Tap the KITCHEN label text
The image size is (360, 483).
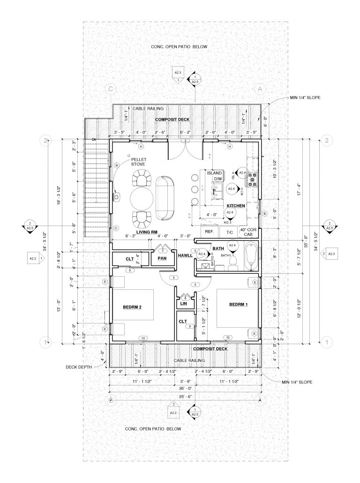(236, 206)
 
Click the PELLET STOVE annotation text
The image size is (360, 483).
(138, 162)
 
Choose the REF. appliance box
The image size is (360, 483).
(209, 232)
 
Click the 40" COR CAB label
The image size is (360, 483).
(249, 232)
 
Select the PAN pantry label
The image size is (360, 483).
(163, 258)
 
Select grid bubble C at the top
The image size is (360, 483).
(111, 89)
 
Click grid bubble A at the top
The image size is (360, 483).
(258, 89)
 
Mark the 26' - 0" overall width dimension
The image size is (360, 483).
(185, 389)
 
